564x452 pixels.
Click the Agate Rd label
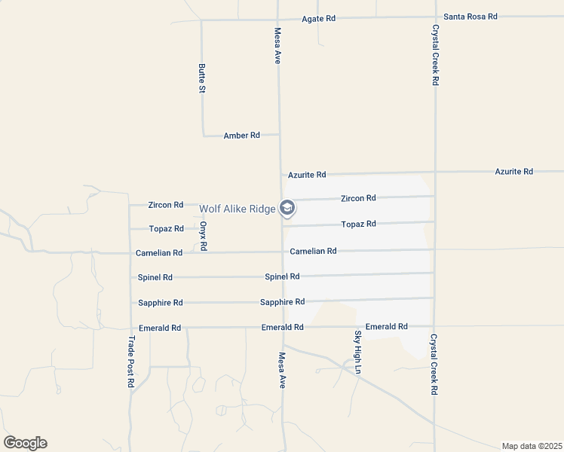pyautogui.click(x=317, y=18)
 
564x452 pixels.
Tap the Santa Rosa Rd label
pyautogui.click(x=471, y=16)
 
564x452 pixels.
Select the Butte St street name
pyautogui.click(x=201, y=78)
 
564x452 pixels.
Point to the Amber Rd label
pyautogui.click(x=241, y=136)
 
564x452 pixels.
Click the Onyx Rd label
pyautogui.click(x=204, y=236)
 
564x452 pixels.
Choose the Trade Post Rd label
pyautogui.click(x=130, y=362)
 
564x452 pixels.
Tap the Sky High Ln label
pyautogui.click(x=358, y=352)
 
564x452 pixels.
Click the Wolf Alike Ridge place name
pyautogui.click(x=237, y=209)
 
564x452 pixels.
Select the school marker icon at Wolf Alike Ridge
pyautogui.click(x=287, y=207)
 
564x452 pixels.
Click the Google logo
pyautogui.click(x=25, y=443)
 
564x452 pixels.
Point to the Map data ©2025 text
pyautogui.click(x=532, y=446)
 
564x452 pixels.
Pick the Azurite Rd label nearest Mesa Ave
pyautogui.click(x=306, y=175)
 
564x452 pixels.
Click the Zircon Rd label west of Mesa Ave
pyautogui.click(x=165, y=205)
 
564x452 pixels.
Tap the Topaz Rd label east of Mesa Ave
pyautogui.click(x=358, y=224)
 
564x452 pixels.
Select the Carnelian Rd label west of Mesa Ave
pyautogui.click(x=159, y=253)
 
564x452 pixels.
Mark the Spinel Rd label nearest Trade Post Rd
pyautogui.click(x=155, y=277)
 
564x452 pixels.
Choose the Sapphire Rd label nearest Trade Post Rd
pyautogui.click(x=160, y=303)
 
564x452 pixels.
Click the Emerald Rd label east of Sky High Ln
pyautogui.click(x=386, y=327)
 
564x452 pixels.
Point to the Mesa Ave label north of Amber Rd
pyautogui.click(x=277, y=46)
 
